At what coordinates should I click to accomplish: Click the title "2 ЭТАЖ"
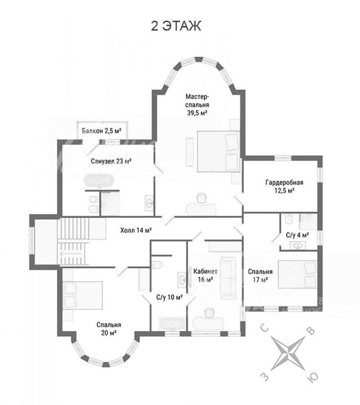[x=176, y=26]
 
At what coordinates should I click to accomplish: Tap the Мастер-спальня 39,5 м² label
[x=197, y=105]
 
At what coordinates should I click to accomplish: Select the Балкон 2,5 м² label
[x=102, y=131]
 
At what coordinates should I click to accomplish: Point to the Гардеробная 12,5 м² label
[x=284, y=186]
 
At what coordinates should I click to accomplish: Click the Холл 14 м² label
[x=136, y=230]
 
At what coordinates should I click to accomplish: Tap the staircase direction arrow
[x=71, y=253]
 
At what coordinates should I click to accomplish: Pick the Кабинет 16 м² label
[x=205, y=275]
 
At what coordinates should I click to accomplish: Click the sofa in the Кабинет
[x=228, y=278]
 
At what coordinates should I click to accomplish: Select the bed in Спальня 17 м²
[x=298, y=274]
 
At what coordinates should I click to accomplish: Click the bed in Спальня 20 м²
[x=82, y=295]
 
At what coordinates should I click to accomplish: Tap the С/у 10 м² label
[x=170, y=297]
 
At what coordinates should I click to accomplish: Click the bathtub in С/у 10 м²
[x=172, y=324]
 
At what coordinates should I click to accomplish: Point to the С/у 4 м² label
[x=298, y=235]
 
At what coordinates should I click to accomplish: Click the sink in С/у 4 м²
[x=298, y=245]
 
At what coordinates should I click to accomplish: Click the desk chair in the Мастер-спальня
[x=201, y=198]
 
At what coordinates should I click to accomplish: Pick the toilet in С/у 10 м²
[x=156, y=265]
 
